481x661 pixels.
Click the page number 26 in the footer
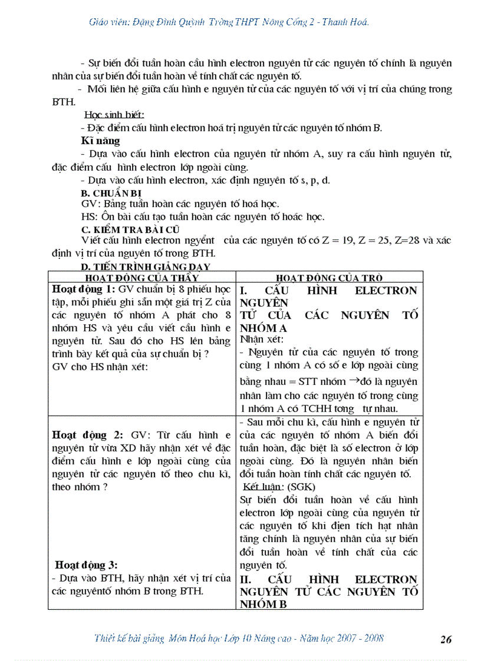pos(446,639)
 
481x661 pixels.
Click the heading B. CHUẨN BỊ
pos(111,192)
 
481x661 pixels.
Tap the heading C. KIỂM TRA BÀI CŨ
pos(130,229)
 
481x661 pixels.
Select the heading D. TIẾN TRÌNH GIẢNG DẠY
pos(145,267)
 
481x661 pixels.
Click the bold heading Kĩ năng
pos(100,141)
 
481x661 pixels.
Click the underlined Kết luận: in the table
pos(263,487)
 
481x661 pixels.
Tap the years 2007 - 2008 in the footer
pos(363,638)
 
